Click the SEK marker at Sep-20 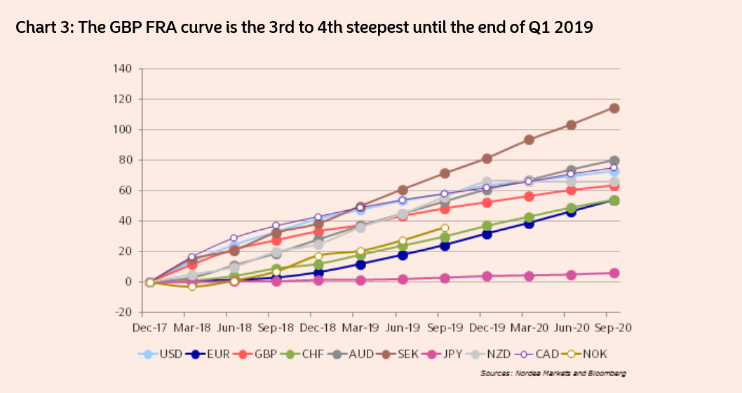pyautogui.click(x=614, y=108)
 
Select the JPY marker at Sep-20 pyautogui.click(x=614, y=273)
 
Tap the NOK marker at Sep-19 pyautogui.click(x=445, y=228)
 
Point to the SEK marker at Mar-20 pyautogui.click(x=529, y=139)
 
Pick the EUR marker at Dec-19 pyautogui.click(x=487, y=234)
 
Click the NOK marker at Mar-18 pyautogui.click(x=191, y=287)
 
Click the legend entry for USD pyautogui.click(x=164, y=354)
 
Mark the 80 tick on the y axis pyautogui.click(x=125, y=160)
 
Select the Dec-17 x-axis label pyautogui.click(x=149, y=327)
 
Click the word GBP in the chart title pyautogui.click(x=115, y=29)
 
